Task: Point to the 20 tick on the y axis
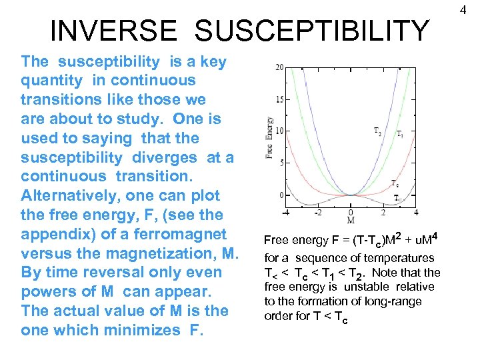279,67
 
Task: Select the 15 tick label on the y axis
279,99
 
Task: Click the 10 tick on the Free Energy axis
279,131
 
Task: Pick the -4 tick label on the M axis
287,213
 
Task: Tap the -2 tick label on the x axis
318,213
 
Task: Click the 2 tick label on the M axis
383,213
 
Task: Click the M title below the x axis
351,221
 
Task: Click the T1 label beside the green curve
399,135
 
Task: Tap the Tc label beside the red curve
395,183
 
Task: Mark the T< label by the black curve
398,198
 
